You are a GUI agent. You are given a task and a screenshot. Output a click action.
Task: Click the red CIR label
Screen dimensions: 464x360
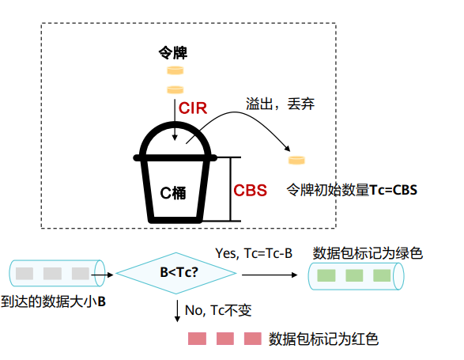[x=193, y=108]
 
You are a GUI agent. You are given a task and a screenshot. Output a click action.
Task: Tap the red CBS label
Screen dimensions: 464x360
[x=250, y=190]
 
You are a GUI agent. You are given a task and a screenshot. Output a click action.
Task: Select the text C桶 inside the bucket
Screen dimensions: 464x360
[x=173, y=193]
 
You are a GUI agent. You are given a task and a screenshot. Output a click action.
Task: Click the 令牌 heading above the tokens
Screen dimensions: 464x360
[x=173, y=53]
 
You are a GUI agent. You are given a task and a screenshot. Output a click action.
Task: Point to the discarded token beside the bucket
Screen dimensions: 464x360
[x=296, y=160]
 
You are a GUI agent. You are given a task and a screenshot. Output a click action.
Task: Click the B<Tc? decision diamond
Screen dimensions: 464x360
[x=176, y=273]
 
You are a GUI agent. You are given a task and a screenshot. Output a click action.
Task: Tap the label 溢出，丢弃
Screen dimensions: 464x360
[x=280, y=104]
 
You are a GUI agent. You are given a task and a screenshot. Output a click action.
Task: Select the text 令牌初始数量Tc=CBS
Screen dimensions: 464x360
[x=352, y=190]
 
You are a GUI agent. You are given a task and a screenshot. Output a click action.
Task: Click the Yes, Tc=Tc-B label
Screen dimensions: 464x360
[x=254, y=253]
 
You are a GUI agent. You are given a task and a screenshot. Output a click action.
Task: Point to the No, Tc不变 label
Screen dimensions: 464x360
[x=218, y=310]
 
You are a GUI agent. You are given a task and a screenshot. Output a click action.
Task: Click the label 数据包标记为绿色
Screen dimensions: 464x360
[x=368, y=253]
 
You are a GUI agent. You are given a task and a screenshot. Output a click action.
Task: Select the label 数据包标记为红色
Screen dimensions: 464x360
[x=323, y=339]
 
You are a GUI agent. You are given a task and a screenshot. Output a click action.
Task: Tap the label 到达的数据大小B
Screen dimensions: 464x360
[x=53, y=301]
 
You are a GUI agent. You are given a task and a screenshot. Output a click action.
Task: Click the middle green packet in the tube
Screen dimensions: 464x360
[x=354, y=275]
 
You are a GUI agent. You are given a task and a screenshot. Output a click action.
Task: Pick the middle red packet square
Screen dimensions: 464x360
[x=225, y=339]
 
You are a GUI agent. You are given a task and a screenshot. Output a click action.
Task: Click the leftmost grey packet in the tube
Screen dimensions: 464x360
[x=25, y=274]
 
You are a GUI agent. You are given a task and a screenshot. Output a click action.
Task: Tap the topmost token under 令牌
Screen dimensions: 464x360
[x=175, y=70]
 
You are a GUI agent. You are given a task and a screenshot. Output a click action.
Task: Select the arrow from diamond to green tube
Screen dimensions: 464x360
[x=270, y=275]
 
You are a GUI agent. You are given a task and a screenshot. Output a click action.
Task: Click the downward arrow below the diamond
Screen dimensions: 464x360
[x=177, y=311]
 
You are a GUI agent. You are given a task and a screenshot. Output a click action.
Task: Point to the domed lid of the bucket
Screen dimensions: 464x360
[x=175, y=124]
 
